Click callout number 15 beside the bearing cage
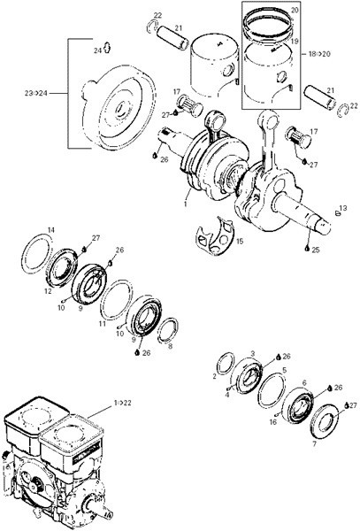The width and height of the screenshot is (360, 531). pyautogui.click(x=240, y=242)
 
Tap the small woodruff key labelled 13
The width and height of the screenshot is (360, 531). pyautogui.click(x=337, y=213)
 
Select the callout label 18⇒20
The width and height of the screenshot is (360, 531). pyautogui.click(x=319, y=54)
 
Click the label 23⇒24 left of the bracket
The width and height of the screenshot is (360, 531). pyautogui.click(x=35, y=93)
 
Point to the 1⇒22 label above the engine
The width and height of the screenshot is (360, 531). pyautogui.click(x=122, y=403)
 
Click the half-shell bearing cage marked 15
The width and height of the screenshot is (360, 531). pyautogui.click(x=214, y=236)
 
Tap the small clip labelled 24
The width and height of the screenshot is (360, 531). pyautogui.click(x=107, y=48)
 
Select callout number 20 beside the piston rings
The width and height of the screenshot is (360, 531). pyautogui.click(x=295, y=10)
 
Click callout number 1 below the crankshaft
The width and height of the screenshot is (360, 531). pyautogui.click(x=185, y=204)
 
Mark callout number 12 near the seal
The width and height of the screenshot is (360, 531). pyautogui.click(x=48, y=291)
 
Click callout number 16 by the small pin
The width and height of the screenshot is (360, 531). pyautogui.click(x=273, y=422)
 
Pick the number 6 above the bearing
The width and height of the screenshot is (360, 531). pyautogui.click(x=304, y=382)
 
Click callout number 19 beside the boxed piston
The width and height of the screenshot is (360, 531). pyautogui.click(x=295, y=42)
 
